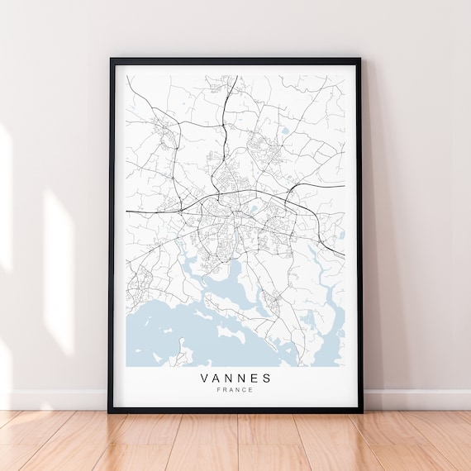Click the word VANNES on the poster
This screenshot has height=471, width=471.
pos(235,378)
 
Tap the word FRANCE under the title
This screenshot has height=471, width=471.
pos(235,391)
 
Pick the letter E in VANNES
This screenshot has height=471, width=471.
pos(254,378)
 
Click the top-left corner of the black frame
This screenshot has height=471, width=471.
pos(111,59)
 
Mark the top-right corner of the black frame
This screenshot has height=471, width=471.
pos(362,59)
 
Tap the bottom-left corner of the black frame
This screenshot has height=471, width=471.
pos(110,412)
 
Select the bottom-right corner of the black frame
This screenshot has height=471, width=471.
pos(361,412)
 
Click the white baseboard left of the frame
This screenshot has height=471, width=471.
pos(50,398)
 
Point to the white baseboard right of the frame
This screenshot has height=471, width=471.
pos(417,399)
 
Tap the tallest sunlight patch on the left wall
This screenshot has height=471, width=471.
pos(58,273)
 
